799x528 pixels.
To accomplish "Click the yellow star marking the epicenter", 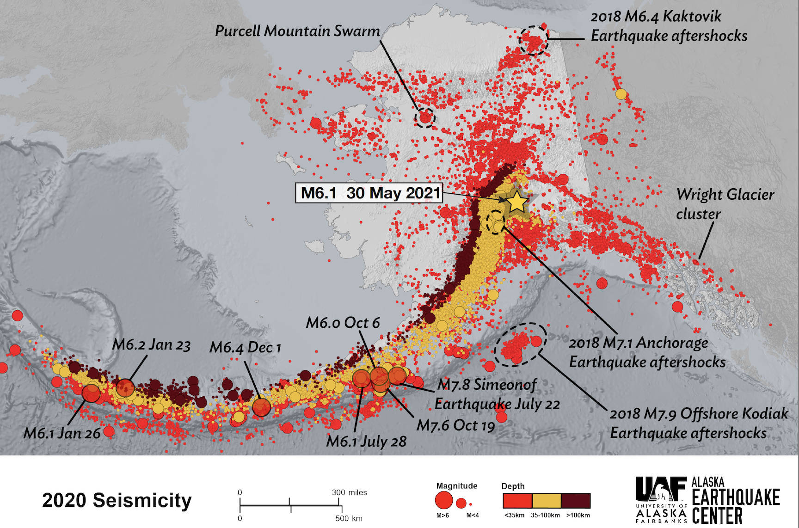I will (516, 202).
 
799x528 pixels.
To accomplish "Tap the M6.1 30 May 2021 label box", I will (369, 193).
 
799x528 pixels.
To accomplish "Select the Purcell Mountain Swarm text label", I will (297, 31).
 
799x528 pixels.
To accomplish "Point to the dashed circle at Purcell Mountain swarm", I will (424, 117).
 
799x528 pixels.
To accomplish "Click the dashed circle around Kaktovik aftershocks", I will (533, 41).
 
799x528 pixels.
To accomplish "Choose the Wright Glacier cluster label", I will (724, 204).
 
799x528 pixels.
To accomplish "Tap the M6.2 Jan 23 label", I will (151, 345).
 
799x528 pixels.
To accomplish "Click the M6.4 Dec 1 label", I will (245, 347).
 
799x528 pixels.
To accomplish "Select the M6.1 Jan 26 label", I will (62, 433).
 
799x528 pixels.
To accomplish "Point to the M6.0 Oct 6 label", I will (343, 323).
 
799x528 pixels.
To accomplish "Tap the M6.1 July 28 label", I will (366, 442).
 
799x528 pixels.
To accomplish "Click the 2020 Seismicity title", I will (117, 501).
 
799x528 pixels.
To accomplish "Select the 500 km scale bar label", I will (348, 518).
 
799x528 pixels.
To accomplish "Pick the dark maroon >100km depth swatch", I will (575, 501).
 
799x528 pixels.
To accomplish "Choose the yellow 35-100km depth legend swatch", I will (546, 501).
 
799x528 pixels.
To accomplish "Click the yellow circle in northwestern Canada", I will (621, 94).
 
